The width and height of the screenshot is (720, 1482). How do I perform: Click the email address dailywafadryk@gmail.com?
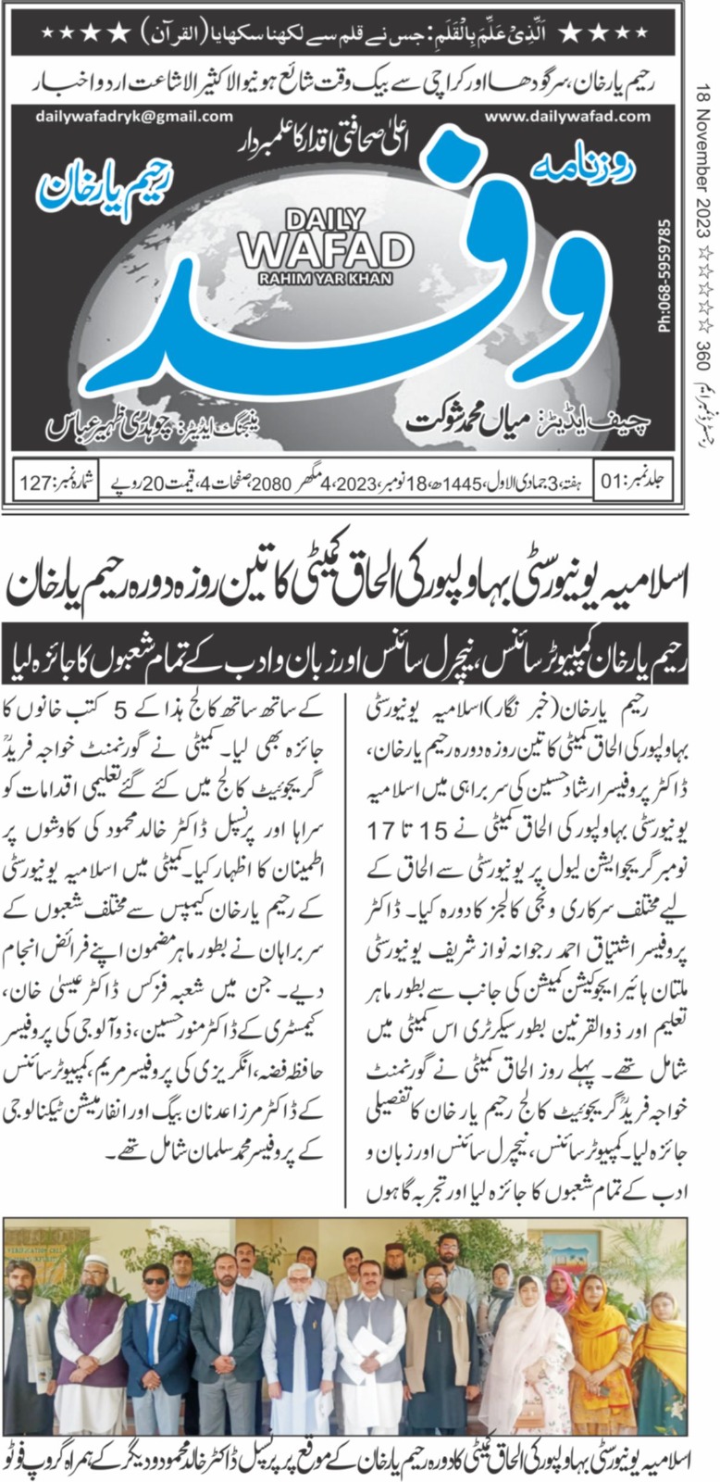pos(134,117)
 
